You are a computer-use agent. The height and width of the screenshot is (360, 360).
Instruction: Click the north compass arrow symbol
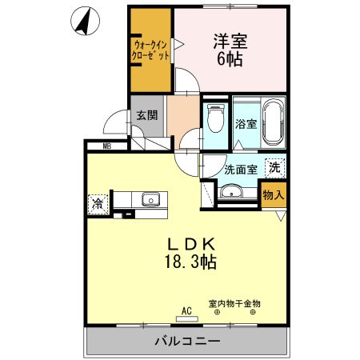click(x=82, y=22)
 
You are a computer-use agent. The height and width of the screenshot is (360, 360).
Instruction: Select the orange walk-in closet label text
click(x=150, y=52)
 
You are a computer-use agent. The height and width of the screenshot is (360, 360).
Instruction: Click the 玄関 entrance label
click(x=146, y=115)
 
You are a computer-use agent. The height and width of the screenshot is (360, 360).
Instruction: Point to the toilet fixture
click(x=214, y=119)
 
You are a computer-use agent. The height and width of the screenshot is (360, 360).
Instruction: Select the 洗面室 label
click(x=240, y=170)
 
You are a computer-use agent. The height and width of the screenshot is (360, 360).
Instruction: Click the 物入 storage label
click(x=273, y=194)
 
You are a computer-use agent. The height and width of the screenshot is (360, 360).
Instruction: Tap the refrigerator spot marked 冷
click(x=98, y=203)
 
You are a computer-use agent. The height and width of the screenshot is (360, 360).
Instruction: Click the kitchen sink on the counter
click(x=150, y=200)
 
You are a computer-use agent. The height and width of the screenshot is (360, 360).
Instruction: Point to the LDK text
click(x=193, y=244)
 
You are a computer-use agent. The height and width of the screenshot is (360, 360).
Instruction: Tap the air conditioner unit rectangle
click(x=186, y=318)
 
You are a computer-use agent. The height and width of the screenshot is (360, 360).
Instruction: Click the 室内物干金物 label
click(x=234, y=303)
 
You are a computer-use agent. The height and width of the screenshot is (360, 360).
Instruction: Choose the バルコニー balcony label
click(x=186, y=342)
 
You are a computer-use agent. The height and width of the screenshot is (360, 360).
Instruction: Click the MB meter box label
click(x=106, y=146)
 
